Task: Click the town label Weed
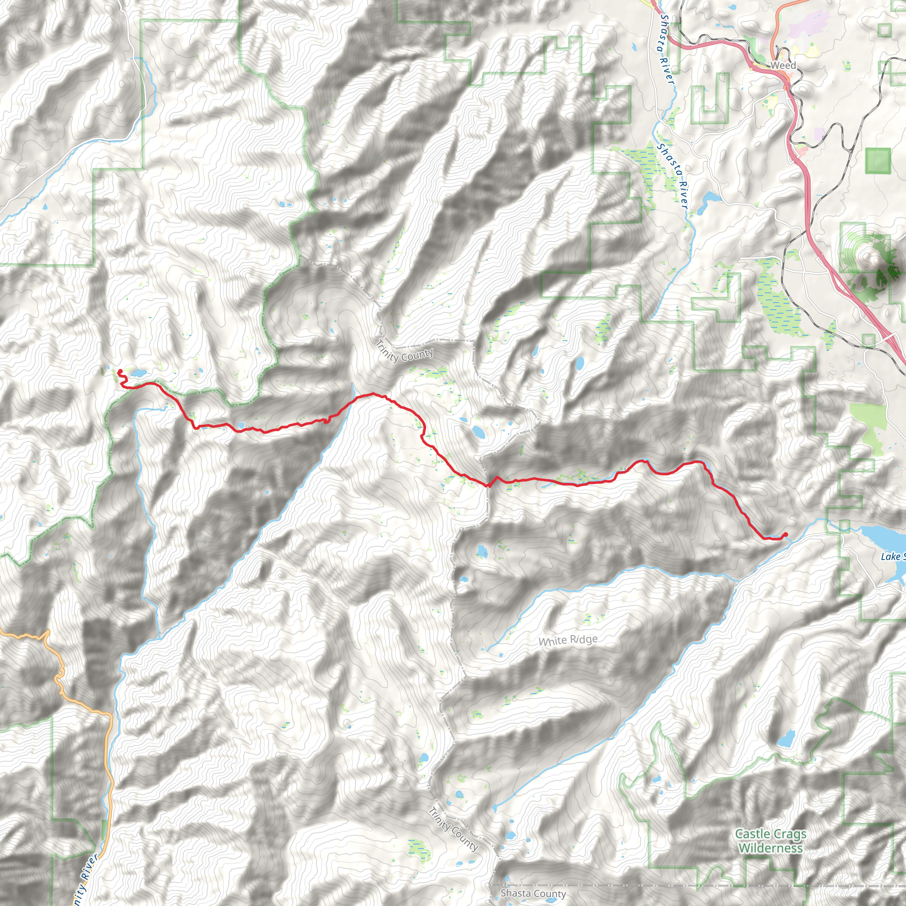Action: tap(783, 65)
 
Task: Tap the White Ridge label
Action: tap(568, 640)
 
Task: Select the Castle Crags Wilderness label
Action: tap(771, 841)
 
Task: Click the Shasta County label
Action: tap(533, 893)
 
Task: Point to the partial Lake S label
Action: tap(893, 556)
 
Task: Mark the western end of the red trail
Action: tap(119, 372)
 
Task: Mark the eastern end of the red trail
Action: tap(786, 534)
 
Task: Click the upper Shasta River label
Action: tap(666, 49)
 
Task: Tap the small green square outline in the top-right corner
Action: tap(884, 31)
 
